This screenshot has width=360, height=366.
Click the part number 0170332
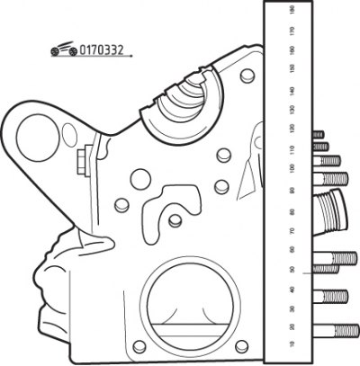102,50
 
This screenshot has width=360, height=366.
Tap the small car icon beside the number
64,49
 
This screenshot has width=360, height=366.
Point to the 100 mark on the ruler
292,168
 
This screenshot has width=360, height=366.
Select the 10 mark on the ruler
292,344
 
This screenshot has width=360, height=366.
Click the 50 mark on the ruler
292,270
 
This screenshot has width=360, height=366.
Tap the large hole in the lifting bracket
38,138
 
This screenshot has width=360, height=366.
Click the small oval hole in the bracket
69,135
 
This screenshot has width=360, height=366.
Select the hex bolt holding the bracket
85,160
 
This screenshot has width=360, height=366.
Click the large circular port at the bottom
190,303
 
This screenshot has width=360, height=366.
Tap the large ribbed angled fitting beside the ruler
330,211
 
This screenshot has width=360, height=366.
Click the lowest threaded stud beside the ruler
336,331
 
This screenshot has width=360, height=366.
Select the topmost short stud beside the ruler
319,135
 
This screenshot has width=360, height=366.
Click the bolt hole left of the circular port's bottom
139,346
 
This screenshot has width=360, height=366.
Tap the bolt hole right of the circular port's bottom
242,346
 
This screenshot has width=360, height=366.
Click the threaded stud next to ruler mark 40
330,297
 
